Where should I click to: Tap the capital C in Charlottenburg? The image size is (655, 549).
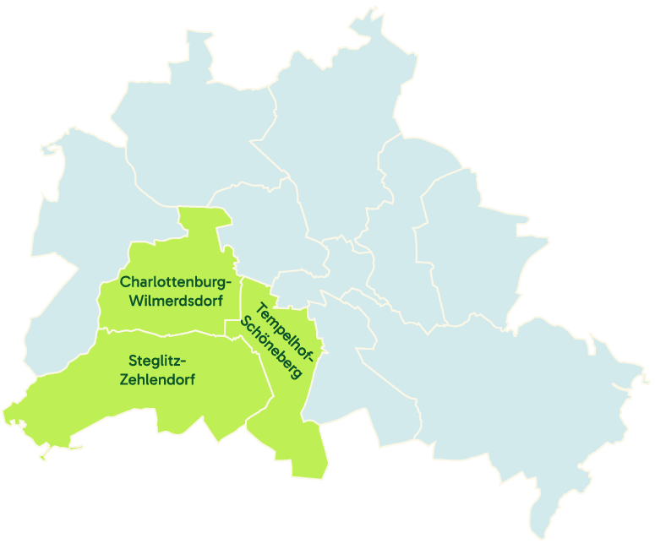click(125, 280)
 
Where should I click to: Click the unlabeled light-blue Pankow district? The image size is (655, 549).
click(330, 118)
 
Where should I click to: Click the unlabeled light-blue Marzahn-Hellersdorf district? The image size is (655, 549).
click(473, 245)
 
